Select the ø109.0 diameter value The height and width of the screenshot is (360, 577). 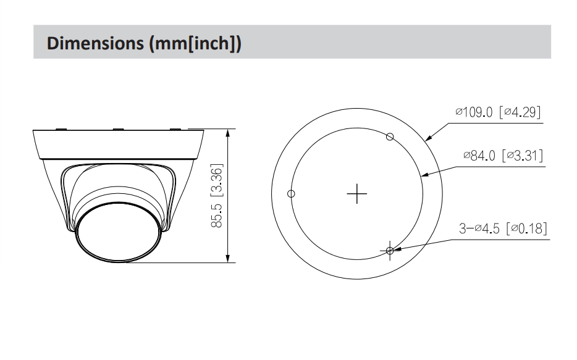[474, 112]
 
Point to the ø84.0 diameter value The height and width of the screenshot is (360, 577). [481, 156]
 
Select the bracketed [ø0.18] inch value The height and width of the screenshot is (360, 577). [526, 228]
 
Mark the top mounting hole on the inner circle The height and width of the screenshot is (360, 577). [390, 136]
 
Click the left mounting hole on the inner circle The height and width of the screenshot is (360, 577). [292, 193]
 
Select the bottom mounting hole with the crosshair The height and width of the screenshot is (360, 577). [390, 250]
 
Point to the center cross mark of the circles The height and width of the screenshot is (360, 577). [357, 193]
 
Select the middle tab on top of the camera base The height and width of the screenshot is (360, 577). [117, 129]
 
